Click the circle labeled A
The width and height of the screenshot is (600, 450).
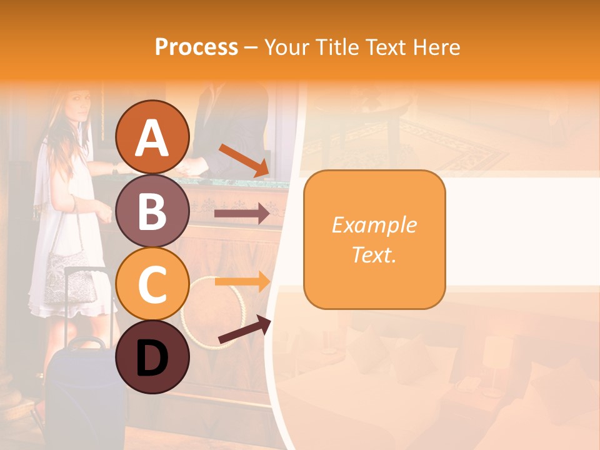[152, 137]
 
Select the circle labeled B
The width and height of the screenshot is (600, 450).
[152, 211]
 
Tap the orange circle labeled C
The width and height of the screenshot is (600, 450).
[152, 284]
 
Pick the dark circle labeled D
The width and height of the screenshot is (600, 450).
[152, 357]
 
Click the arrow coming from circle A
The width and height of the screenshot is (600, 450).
[244, 160]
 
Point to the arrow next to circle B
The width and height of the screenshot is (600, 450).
[242, 214]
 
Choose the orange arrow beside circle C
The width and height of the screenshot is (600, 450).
[242, 281]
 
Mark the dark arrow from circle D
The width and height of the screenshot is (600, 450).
[244, 330]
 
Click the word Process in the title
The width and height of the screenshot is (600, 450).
[196, 47]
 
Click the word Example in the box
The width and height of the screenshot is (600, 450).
[374, 225]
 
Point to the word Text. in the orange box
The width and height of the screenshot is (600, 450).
[374, 254]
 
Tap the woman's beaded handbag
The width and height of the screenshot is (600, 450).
[69, 276]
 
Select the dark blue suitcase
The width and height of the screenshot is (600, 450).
[79, 394]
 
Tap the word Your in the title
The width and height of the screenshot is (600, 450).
[286, 47]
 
